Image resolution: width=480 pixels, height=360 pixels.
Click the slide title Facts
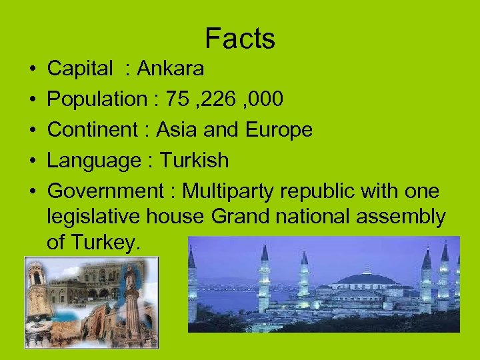[x=240, y=39]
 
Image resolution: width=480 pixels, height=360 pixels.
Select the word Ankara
[x=171, y=69]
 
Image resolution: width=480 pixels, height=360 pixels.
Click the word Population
[x=97, y=99]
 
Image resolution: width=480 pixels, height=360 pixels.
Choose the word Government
[x=107, y=191]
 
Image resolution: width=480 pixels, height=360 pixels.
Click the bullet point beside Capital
[x=33, y=69]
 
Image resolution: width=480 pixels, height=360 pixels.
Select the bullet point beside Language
[x=33, y=161]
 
